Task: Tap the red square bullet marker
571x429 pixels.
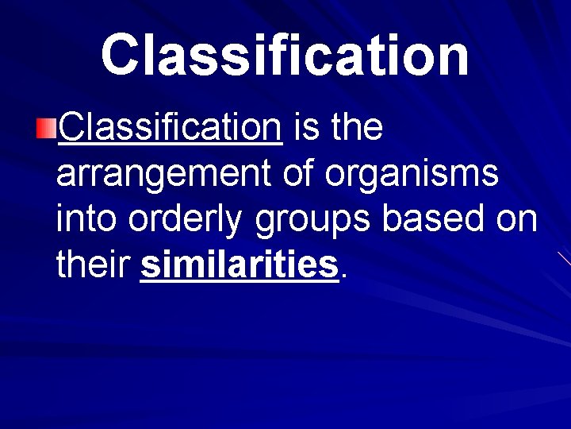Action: click(48, 127)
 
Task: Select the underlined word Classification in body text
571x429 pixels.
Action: click(170, 127)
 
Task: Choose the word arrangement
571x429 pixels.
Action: click(163, 173)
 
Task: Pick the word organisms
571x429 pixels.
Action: click(412, 175)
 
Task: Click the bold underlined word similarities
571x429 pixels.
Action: click(240, 265)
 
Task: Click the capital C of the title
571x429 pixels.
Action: click(122, 55)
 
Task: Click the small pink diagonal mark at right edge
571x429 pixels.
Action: click(564, 258)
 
